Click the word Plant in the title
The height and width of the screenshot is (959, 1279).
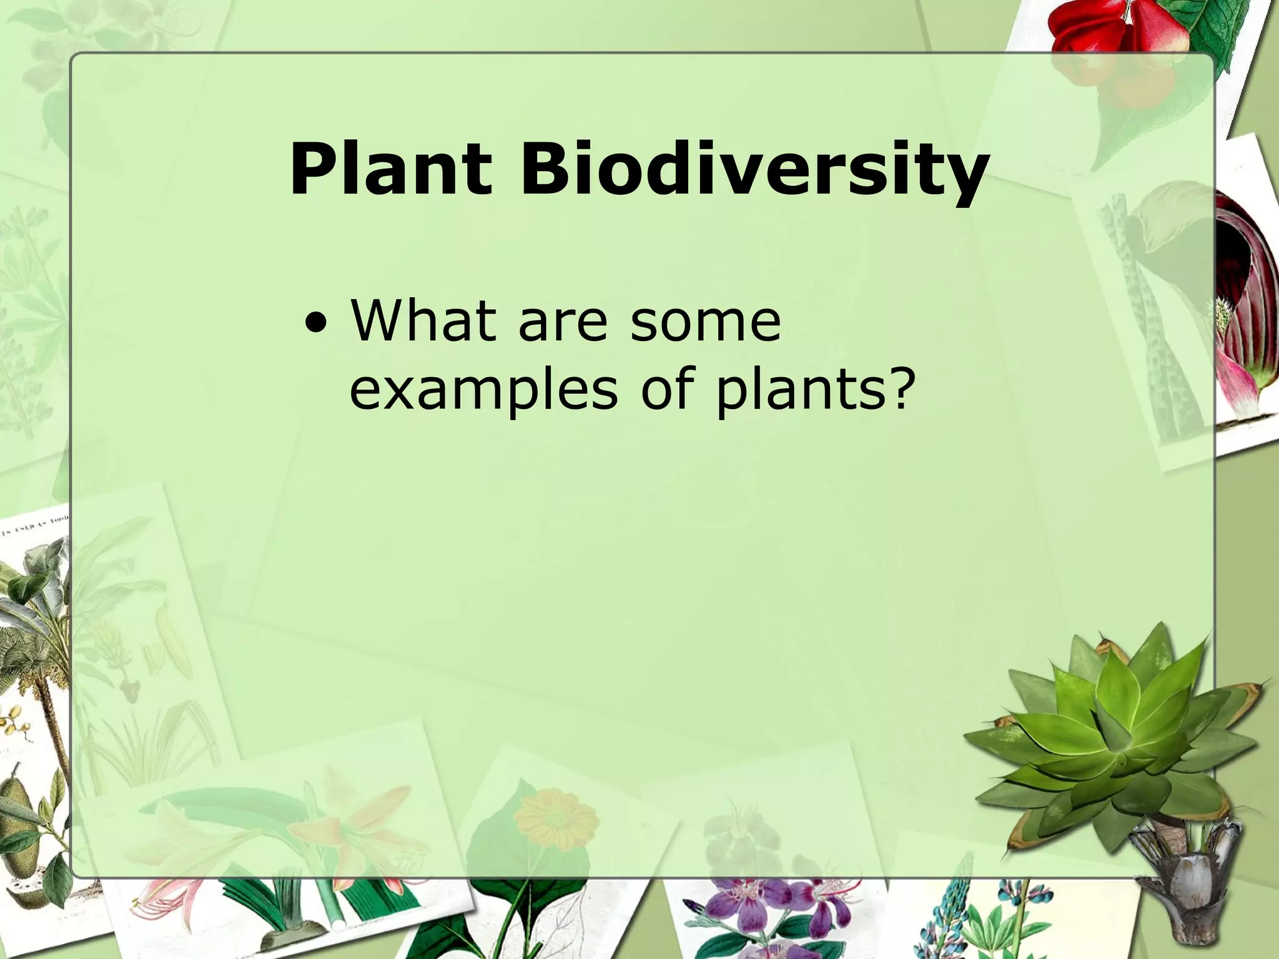click(390, 170)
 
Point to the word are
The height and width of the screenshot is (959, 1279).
click(562, 323)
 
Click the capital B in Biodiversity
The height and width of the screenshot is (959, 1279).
click(541, 170)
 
